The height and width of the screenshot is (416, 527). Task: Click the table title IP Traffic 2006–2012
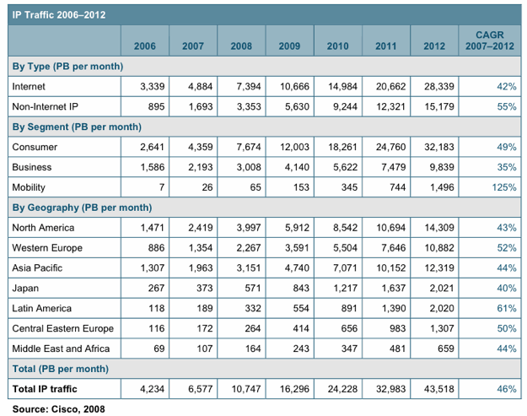[x=59, y=15]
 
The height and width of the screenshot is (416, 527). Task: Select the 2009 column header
[x=289, y=46]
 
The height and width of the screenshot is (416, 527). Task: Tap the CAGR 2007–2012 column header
[x=490, y=41]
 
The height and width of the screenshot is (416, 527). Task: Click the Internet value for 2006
[x=153, y=86]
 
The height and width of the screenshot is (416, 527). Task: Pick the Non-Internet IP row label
[x=45, y=106]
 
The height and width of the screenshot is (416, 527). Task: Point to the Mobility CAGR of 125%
[x=504, y=187]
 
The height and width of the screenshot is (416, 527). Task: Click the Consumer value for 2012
[x=439, y=147]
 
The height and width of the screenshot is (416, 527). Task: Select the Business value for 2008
[x=249, y=167]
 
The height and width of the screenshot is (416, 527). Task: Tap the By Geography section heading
[x=82, y=208]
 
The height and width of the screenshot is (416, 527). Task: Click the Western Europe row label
[x=47, y=248]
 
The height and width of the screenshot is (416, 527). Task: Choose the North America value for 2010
[x=345, y=228]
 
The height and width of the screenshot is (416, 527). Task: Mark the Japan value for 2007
[x=205, y=289]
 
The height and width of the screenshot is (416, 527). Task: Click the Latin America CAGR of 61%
[x=507, y=308]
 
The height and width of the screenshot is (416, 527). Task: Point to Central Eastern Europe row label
[x=63, y=328]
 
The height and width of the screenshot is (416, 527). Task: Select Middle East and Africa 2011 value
[x=398, y=348]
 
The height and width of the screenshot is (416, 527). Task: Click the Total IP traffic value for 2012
[x=439, y=389]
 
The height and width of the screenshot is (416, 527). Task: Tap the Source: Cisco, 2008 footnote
[x=58, y=409]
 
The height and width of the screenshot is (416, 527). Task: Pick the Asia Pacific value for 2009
[x=297, y=268]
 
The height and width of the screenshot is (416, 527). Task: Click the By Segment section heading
[x=77, y=127]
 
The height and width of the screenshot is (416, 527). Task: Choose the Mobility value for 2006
[x=162, y=187]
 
